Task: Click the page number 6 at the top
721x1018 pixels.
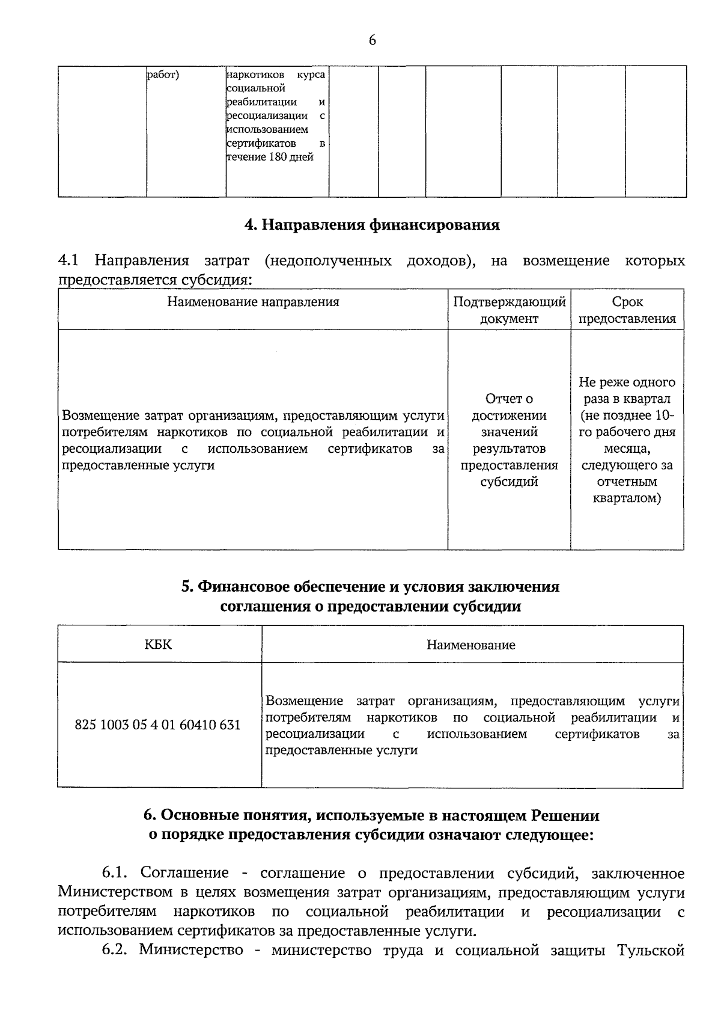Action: (372, 40)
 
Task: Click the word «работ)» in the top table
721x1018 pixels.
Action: (163, 75)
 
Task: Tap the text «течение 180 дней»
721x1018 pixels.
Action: (270, 158)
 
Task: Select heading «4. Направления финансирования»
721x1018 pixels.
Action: (372, 225)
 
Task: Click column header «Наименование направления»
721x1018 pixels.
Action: (253, 302)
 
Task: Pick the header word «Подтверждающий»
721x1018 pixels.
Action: (509, 302)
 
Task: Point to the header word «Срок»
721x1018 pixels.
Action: (627, 302)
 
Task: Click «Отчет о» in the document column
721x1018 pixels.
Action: (509, 399)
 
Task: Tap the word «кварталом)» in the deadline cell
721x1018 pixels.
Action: (627, 498)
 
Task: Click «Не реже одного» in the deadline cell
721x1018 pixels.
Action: (627, 382)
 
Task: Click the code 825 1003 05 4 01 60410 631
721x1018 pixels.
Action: (157, 725)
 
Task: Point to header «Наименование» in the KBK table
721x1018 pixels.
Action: (471, 645)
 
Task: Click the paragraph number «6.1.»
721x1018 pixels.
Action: (117, 873)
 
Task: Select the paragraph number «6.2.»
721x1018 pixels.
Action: (118, 950)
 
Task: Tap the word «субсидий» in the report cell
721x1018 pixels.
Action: (509, 482)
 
